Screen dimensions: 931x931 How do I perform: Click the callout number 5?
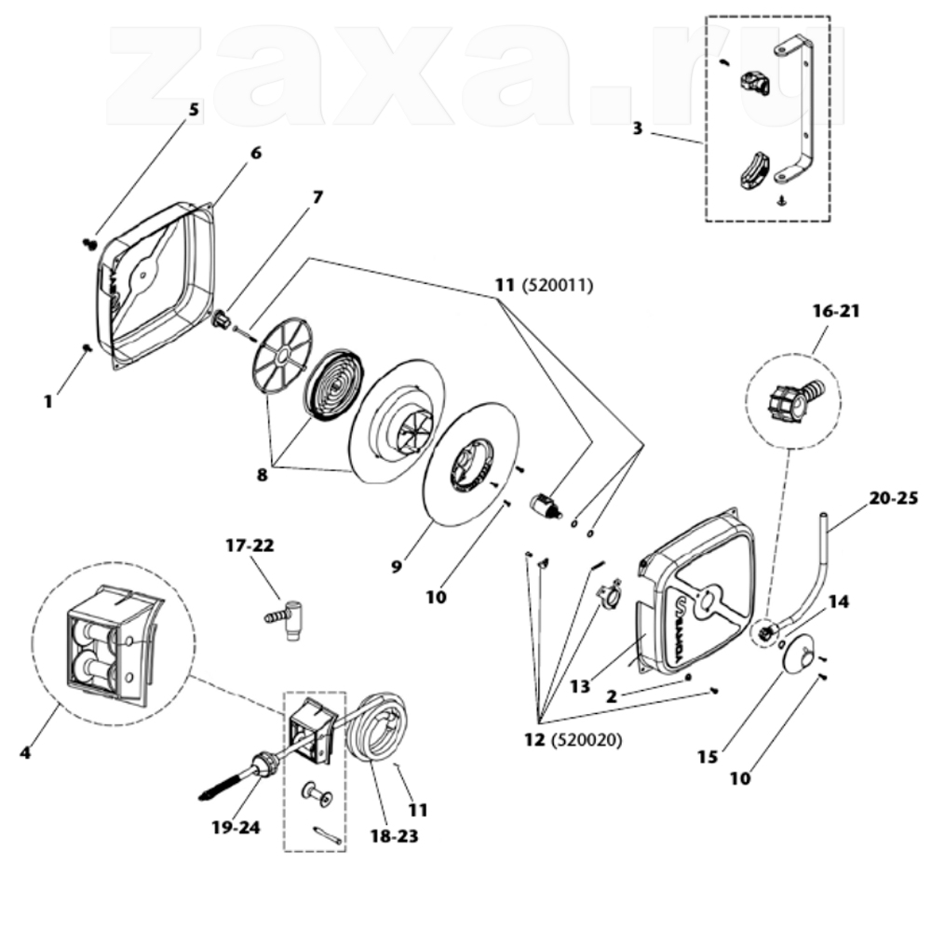tap(195, 111)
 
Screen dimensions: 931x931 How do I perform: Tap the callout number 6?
tap(256, 154)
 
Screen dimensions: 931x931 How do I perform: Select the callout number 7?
tap(317, 197)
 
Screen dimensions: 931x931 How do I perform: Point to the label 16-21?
tap(836, 311)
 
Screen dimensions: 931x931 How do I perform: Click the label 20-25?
tap(894, 497)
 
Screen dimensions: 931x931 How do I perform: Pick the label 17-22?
tap(250, 545)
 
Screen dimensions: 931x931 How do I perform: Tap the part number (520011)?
tap(557, 286)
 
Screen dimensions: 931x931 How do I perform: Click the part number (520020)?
tap(587, 740)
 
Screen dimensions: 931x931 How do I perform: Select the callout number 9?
tap(397, 566)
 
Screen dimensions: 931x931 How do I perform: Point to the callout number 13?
tap(580, 686)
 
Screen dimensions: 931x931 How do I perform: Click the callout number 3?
tap(637, 128)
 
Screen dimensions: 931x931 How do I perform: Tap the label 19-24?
tap(236, 827)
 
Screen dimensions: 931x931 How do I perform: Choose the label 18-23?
tap(394, 836)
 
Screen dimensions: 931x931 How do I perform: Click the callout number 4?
tap(25, 753)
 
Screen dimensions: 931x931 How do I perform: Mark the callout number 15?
tap(708, 757)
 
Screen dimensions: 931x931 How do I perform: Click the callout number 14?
tap(839, 602)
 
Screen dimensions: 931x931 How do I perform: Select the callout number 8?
tap(262, 475)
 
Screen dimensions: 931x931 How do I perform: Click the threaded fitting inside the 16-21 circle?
tap(792, 399)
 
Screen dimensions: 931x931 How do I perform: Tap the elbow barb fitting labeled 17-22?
tap(287, 619)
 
